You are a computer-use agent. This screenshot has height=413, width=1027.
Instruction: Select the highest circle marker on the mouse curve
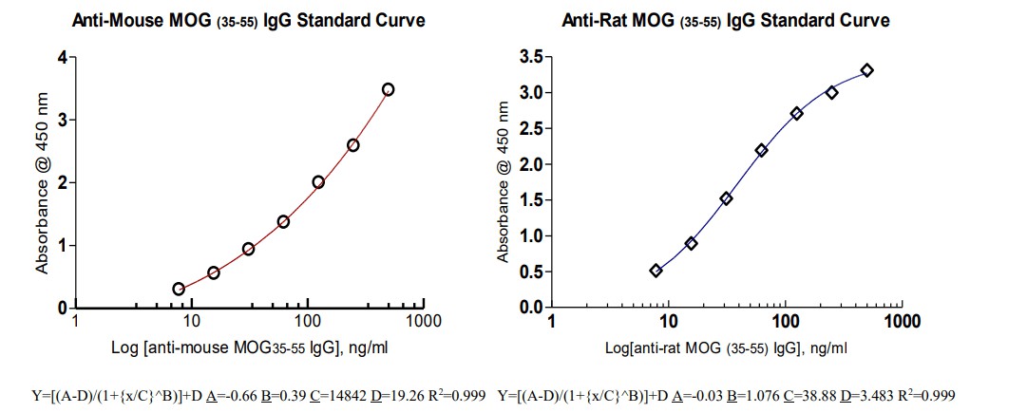388,89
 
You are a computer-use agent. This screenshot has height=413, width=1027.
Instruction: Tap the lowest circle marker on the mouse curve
179,289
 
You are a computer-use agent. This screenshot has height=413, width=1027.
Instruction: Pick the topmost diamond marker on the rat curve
866,70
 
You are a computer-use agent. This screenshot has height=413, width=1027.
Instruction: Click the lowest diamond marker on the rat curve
656,271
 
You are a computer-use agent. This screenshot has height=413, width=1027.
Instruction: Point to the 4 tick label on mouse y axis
63,58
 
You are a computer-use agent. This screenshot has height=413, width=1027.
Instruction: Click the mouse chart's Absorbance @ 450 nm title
42,184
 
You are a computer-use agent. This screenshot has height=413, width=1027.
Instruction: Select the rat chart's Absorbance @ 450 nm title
504,184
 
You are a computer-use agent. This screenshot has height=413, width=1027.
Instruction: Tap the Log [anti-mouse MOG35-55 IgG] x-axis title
249,348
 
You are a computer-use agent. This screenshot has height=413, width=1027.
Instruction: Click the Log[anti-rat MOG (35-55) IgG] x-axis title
727,348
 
